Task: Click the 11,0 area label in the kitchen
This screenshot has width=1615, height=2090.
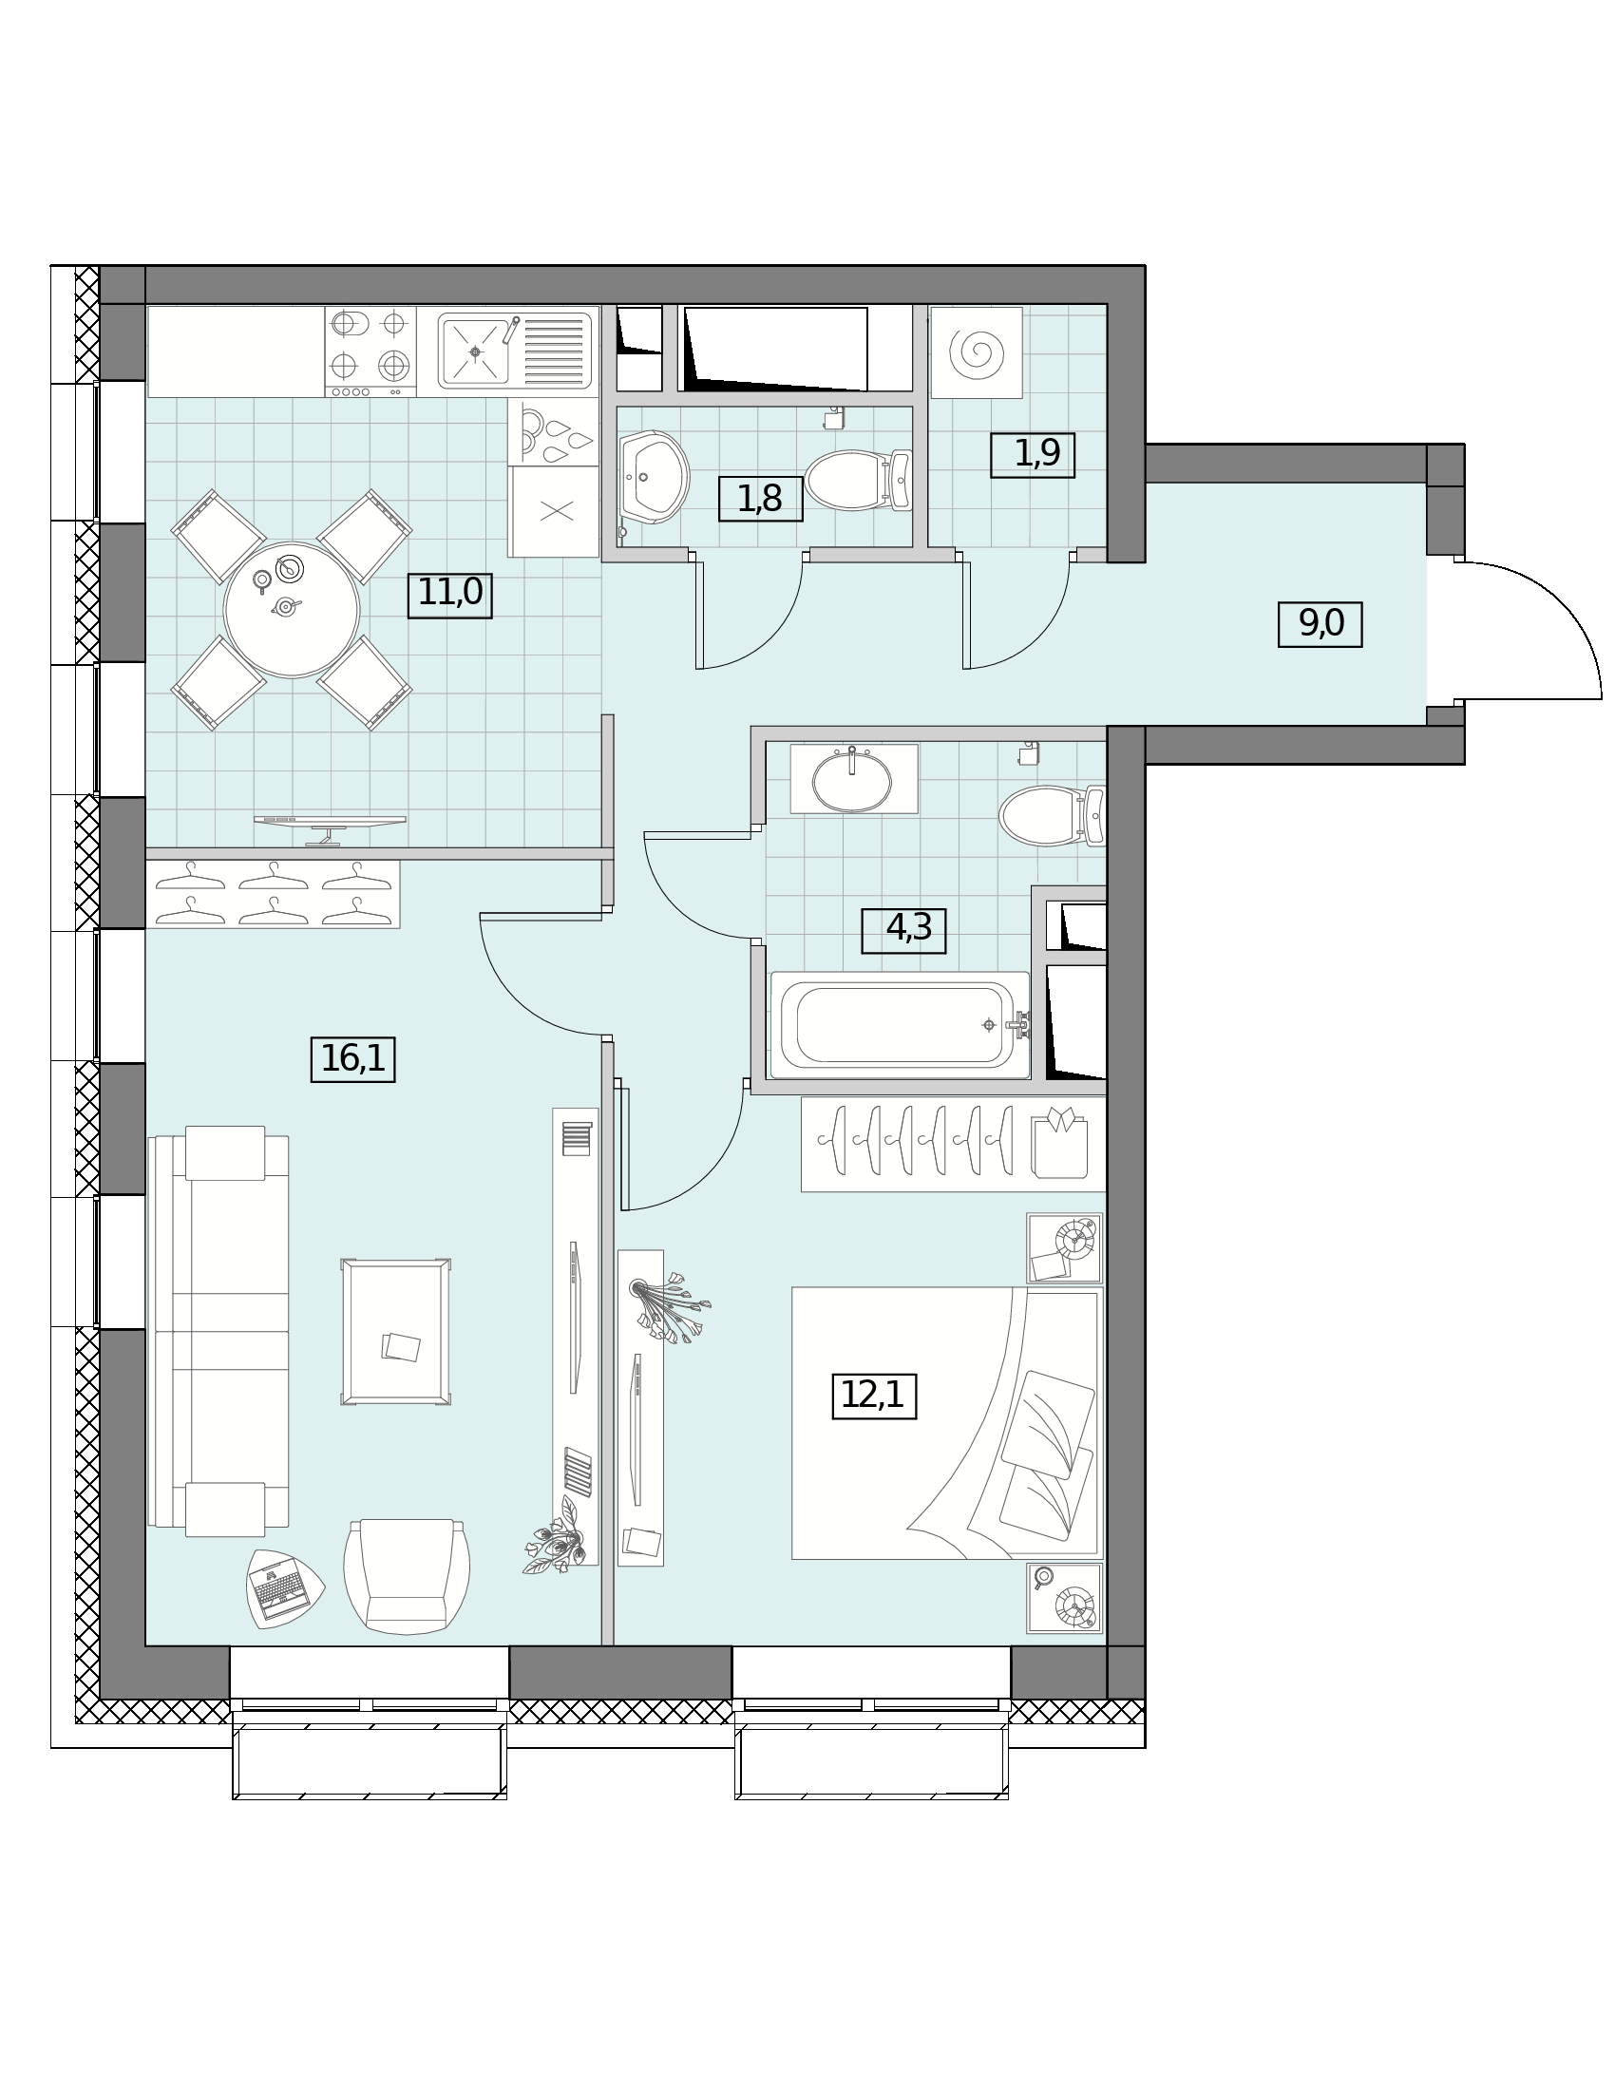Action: (449, 595)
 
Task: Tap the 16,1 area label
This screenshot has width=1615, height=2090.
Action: (353, 1059)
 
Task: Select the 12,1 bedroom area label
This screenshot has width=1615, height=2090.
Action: (873, 1396)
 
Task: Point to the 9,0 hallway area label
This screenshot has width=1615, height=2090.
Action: (1320, 624)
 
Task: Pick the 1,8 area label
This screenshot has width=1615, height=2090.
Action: (761, 499)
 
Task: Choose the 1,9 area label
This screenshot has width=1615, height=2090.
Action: (1033, 454)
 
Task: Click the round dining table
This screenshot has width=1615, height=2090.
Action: (291, 610)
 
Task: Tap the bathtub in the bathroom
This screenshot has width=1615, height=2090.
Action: (900, 1026)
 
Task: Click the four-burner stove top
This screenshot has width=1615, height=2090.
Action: (370, 351)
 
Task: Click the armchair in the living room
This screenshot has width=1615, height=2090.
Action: (407, 1576)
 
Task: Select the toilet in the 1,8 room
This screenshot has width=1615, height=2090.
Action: (858, 481)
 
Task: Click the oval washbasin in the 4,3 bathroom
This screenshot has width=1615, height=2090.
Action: (851, 782)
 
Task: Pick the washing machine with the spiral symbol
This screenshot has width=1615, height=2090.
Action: (976, 352)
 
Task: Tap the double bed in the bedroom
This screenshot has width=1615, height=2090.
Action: (947, 1423)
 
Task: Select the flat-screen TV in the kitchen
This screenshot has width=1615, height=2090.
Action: (329, 828)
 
